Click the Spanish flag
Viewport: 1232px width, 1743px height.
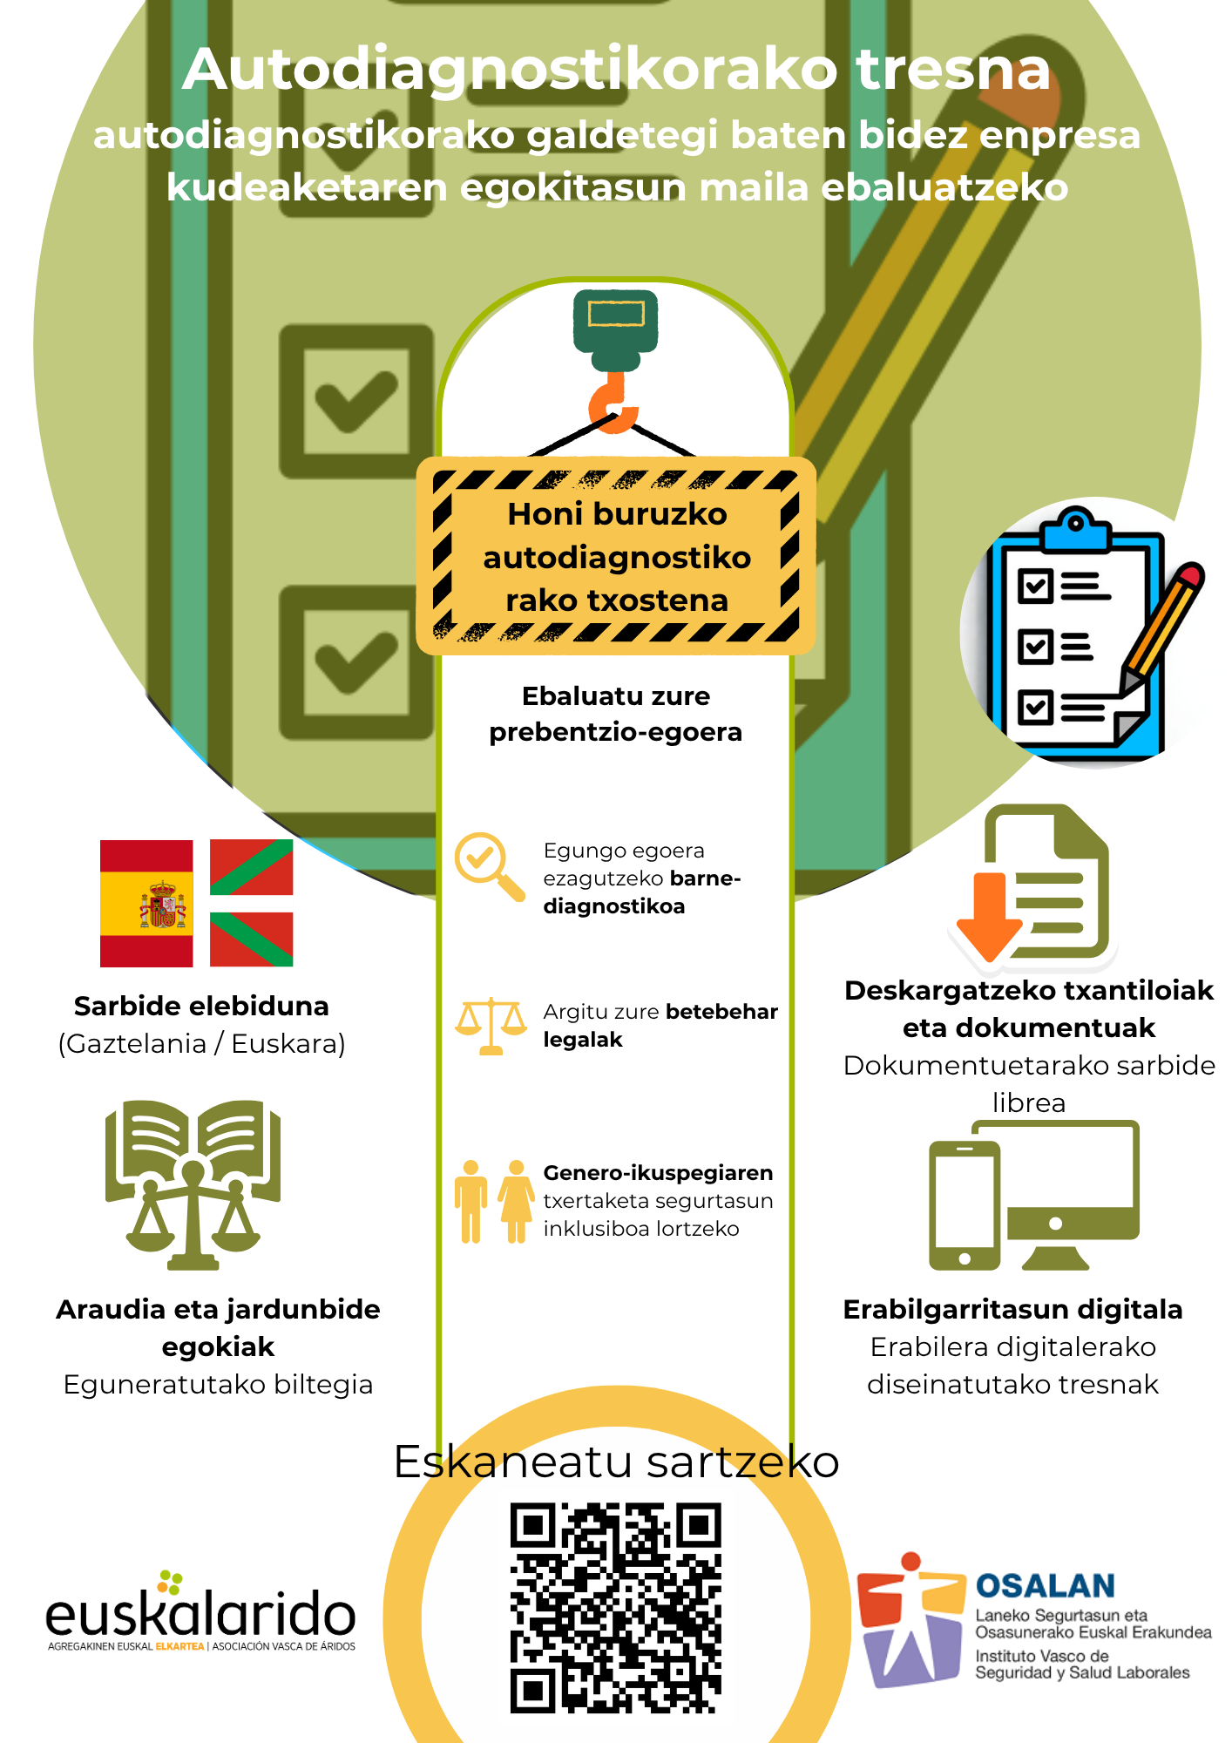coord(146,904)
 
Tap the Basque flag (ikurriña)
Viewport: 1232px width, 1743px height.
coord(252,904)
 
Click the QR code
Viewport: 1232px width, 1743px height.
coord(616,1608)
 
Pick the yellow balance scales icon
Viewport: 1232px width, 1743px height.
coord(491,1026)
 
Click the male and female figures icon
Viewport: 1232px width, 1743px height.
coord(494,1201)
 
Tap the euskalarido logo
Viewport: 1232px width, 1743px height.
coord(201,1612)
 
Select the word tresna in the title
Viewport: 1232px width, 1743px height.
coord(953,69)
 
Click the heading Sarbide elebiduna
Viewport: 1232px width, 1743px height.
coord(201,1006)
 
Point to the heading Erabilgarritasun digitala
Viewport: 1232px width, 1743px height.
coord(1012,1309)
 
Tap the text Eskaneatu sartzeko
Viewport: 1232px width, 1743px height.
coord(616,1462)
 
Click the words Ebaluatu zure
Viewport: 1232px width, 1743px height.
coord(616,695)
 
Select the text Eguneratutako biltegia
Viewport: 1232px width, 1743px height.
coord(218,1384)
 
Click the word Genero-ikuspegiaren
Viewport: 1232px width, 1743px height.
coord(658,1173)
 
